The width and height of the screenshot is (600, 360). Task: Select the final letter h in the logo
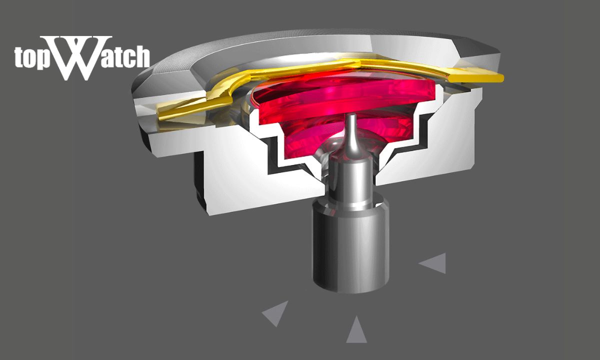141,57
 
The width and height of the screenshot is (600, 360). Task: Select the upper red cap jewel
340,95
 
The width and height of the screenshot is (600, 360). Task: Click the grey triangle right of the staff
434,263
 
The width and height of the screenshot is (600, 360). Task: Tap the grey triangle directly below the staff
356,330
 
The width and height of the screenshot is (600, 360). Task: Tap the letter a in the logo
101,59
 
